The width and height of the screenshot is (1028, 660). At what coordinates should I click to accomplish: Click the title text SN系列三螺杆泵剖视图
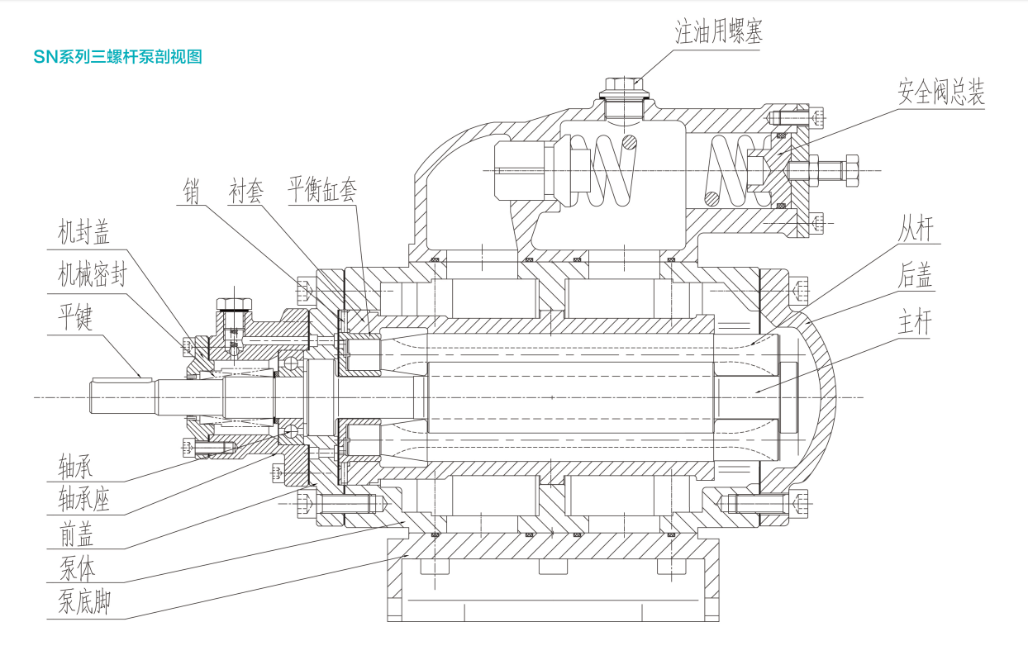pyautogui.click(x=118, y=57)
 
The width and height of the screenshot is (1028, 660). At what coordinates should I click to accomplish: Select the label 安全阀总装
pyautogui.click(x=941, y=93)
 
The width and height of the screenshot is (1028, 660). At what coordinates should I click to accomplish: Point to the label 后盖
pyautogui.click(x=916, y=277)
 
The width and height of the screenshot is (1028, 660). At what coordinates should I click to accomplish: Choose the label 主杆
pyautogui.click(x=916, y=323)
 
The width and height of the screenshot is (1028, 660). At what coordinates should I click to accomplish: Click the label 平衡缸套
pyautogui.click(x=322, y=192)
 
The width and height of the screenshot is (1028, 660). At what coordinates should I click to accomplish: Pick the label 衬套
pyautogui.click(x=245, y=192)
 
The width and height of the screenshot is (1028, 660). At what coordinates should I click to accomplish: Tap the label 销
pyautogui.click(x=193, y=192)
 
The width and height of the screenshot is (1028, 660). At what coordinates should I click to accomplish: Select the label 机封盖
pyautogui.click(x=83, y=233)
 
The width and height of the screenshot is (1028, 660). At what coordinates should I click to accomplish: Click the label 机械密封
pyautogui.click(x=92, y=275)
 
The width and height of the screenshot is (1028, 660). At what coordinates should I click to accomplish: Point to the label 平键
pyautogui.click(x=74, y=319)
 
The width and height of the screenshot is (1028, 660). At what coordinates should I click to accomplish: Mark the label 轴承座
pyautogui.click(x=83, y=499)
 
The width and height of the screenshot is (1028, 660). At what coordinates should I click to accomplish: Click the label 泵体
pyautogui.click(x=75, y=569)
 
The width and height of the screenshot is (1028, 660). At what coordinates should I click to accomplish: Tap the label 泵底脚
pyautogui.click(x=83, y=604)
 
